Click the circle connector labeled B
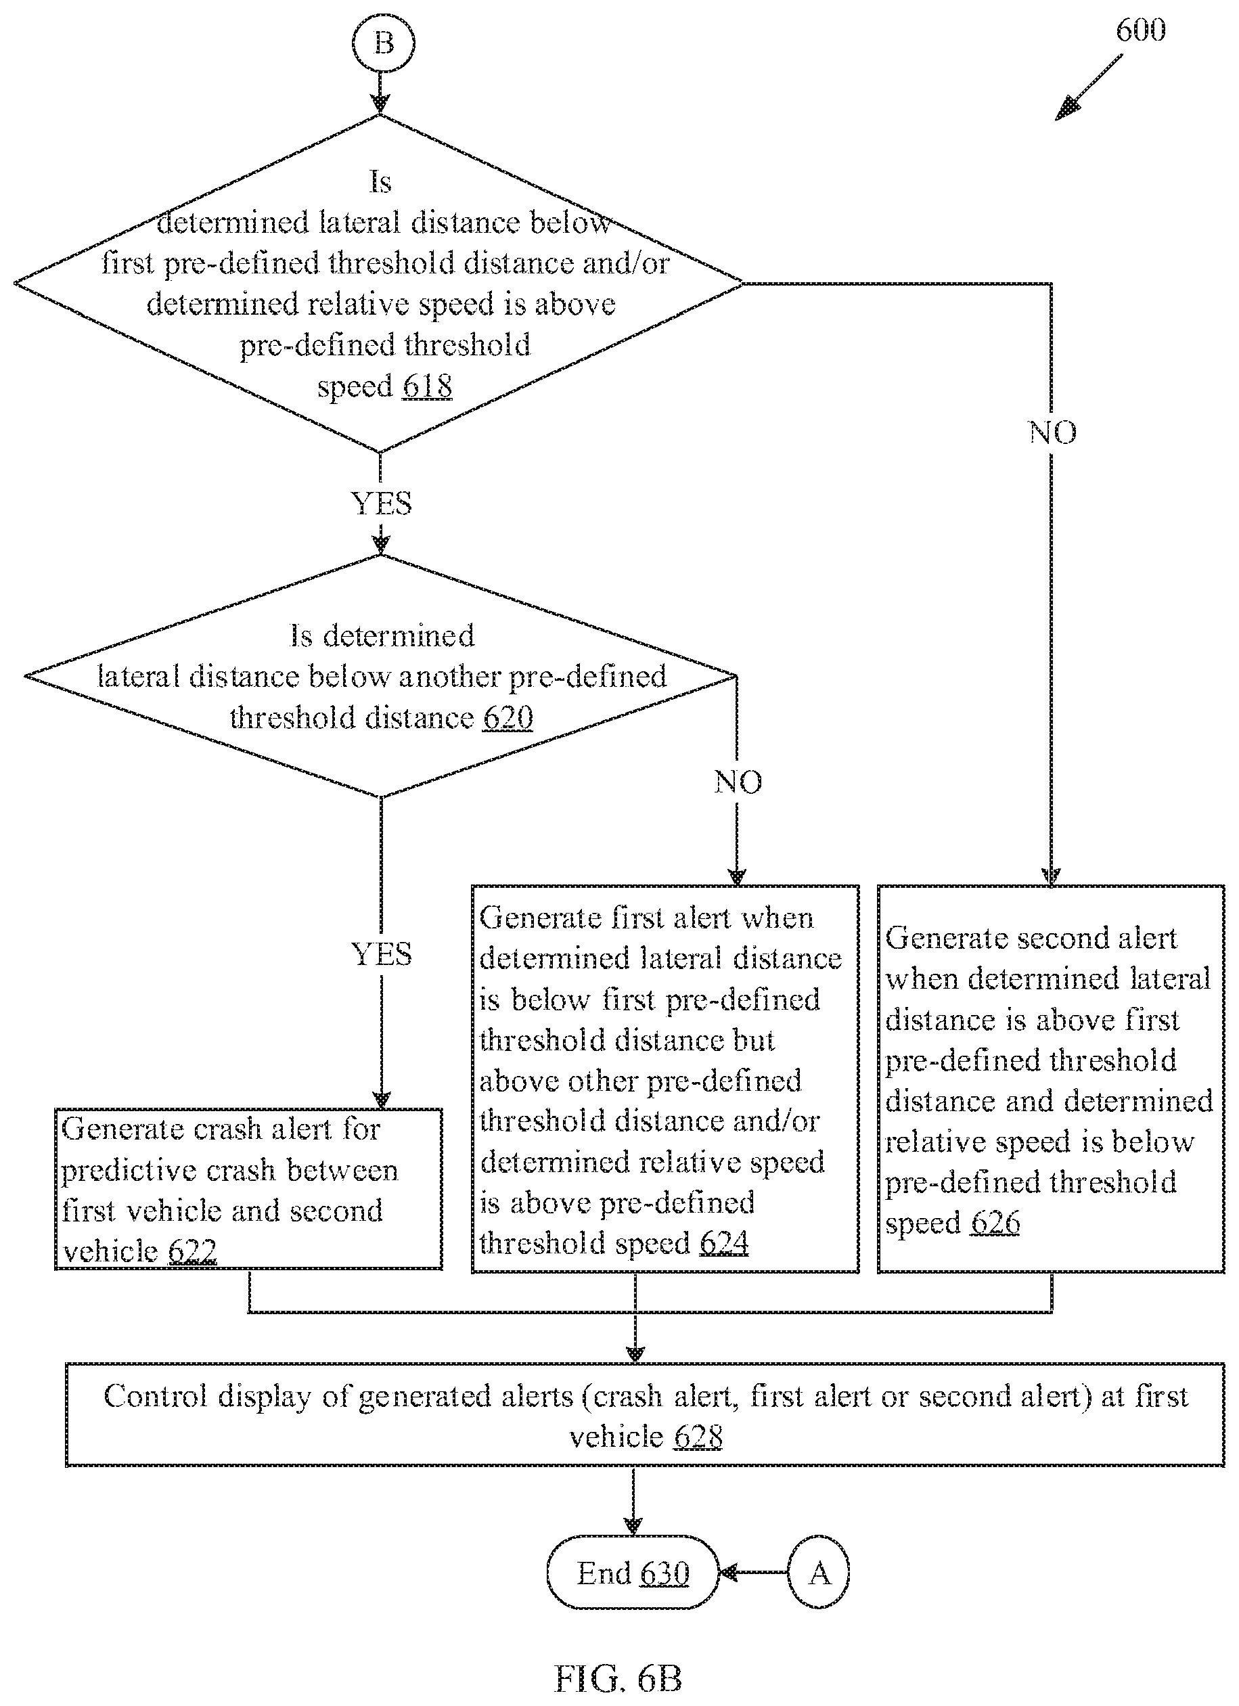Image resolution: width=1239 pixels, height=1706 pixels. coord(383,42)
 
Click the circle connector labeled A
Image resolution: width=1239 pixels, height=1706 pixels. coord(819,1572)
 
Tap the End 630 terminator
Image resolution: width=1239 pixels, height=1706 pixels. coord(633,1572)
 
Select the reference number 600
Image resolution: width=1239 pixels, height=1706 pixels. coord(1140,30)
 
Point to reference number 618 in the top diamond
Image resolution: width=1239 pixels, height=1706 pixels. coord(427,386)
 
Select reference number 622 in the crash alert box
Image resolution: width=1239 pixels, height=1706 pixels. coord(193,1252)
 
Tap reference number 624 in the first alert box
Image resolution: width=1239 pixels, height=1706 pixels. coord(723,1242)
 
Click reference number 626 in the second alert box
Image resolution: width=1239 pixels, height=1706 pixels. coord(995,1222)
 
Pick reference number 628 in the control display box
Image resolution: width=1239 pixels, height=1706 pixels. coord(698,1437)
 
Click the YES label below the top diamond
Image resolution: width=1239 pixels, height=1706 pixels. coord(382,503)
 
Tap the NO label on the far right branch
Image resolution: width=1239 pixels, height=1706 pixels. coord(1052,432)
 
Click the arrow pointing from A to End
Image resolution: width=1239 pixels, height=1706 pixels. coord(754,1572)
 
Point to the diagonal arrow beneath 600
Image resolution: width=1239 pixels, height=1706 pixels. coord(1088,87)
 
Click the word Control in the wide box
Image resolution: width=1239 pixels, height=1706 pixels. coord(155,1396)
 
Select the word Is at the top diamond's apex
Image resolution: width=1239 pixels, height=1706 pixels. coord(381,182)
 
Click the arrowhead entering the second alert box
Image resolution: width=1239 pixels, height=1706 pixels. coord(1052,877)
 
